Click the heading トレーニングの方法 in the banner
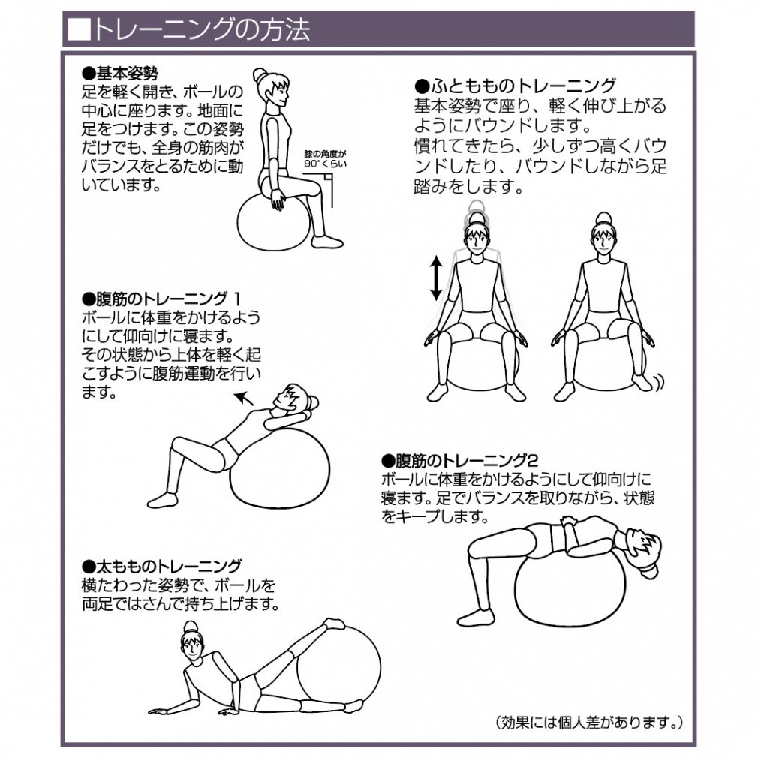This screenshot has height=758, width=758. coord(200,29)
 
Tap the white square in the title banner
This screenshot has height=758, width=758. coord(79,29)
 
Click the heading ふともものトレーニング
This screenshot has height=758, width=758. coord(516,86)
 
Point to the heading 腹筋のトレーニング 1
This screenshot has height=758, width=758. coord(161,299)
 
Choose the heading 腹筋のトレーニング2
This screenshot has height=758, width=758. coord(460,460)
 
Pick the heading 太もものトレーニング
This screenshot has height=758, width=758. coord(161,566)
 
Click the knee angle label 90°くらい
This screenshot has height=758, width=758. coord(326,164)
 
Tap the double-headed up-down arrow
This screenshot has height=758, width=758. coord(436,278)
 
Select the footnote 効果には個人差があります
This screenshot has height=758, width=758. coord(589,722)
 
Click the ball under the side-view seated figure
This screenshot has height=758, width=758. coord(274,222)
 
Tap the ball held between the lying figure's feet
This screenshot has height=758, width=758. coord(338,668)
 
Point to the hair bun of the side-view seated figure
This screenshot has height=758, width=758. coord(260,74)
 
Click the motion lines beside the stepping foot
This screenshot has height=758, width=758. coord(658,381)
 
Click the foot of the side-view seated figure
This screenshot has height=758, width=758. coord(326,241)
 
